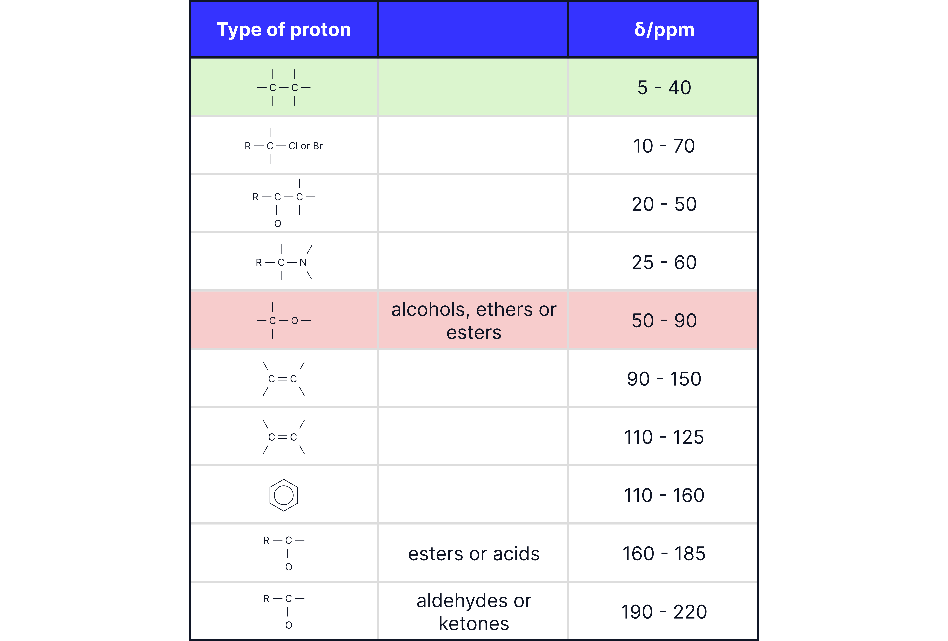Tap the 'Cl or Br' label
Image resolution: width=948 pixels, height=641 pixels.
[306, 146]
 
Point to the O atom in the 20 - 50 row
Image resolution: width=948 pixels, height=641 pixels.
[278, 224]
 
